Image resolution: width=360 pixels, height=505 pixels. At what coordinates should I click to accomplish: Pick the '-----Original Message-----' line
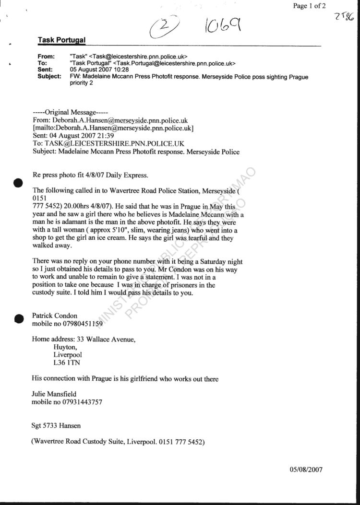pyautogui.click(x=65, y=112)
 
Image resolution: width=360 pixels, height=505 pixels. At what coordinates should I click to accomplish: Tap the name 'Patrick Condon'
pyautogui.click(x=55, y=316)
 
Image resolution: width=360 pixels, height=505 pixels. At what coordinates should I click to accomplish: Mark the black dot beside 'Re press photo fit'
pyautogui.click(x=19, y=182)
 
